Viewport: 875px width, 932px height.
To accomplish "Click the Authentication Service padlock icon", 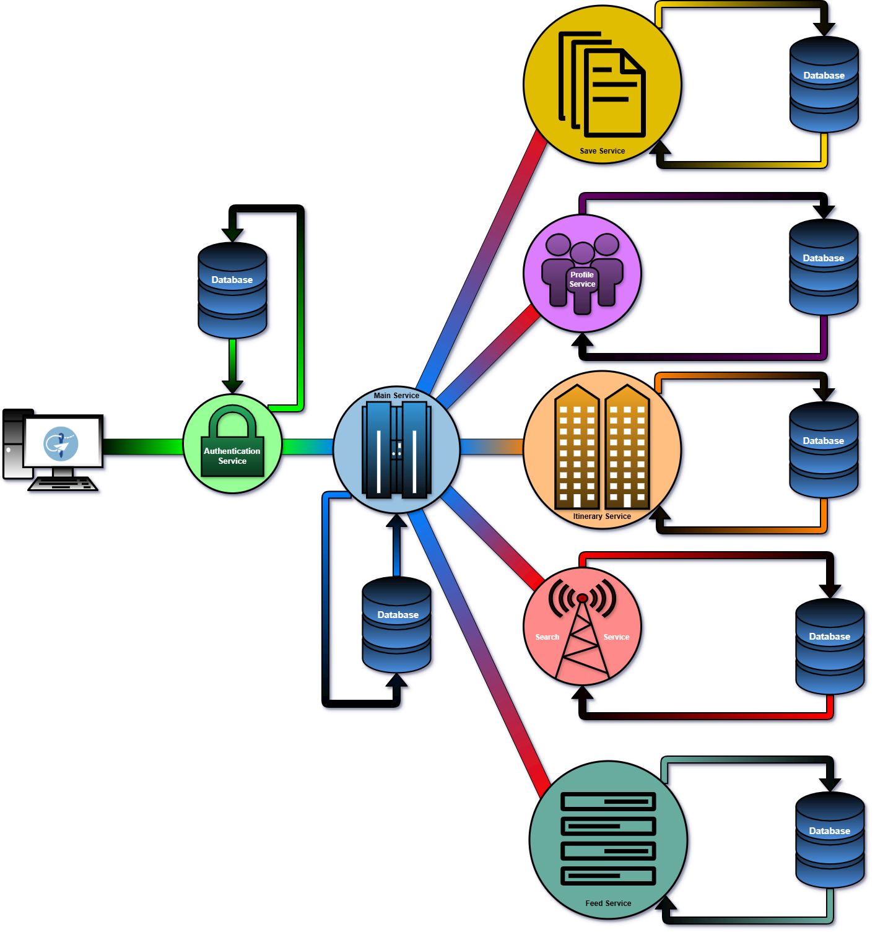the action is pos(232,441).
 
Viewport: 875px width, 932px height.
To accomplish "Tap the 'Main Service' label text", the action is pos(396,396).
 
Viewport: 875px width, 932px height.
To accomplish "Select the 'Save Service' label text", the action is pos(603,151).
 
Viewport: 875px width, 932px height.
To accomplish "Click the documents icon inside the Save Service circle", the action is pos(602,84).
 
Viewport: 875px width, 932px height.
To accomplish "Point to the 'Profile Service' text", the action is pos(582,279).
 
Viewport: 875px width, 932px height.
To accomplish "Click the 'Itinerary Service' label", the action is pos(602,516).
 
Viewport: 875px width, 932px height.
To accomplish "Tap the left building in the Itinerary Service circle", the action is pos(577,447).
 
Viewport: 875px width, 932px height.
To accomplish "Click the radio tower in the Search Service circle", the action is pos(582,629).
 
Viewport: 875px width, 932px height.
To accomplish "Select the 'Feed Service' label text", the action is pos(608,904).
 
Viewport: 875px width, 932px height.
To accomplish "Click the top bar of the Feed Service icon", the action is pos(608,801).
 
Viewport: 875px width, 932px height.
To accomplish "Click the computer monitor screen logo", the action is pos(61,443).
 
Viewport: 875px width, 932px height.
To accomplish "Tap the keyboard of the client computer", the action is pos(63,484).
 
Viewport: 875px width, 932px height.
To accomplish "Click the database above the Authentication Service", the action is pos(232,290).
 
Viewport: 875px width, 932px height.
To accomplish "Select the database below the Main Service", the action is pos(397,625).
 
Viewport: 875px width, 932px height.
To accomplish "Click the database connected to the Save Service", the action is pos(824,84).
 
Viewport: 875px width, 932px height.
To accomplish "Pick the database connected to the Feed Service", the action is pos(830,840).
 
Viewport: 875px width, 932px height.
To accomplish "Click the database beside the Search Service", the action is pos(830,646).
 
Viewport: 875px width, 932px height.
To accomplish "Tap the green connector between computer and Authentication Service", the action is pos(142,446).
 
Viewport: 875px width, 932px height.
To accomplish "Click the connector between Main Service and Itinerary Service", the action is pos(492,446).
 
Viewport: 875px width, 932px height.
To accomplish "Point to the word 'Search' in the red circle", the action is pos(547,637).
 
